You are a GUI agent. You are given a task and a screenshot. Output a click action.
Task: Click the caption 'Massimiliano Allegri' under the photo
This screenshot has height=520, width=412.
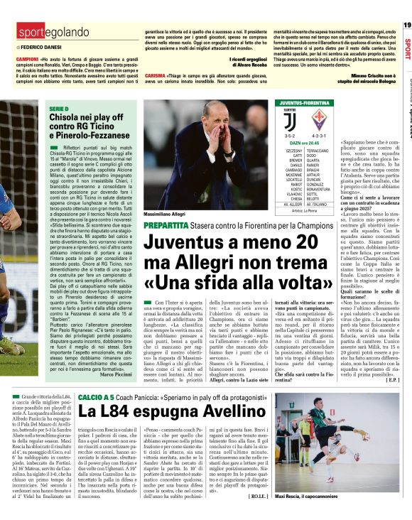[x=166, y=213]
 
